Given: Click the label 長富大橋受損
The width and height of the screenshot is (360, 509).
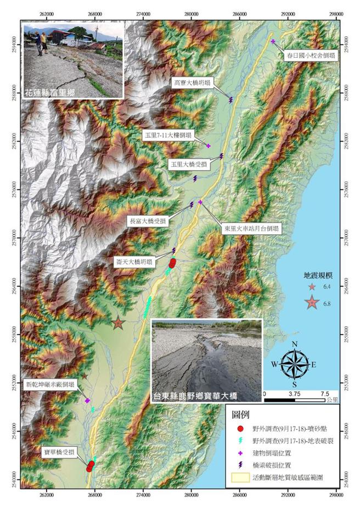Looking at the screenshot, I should pyautogui.click(x=147, y=221).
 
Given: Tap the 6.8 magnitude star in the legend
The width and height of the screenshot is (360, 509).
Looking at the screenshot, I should pyautogui.click(x=312, y=303).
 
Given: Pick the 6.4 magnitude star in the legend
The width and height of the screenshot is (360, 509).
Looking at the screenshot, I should pyautogui.click(x=312, y=287).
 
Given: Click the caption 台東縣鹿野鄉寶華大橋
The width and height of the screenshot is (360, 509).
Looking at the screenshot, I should pyautogui.click(x=206, y=395).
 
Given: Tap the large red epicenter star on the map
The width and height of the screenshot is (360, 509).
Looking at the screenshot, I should pyautogui.click(x=117, y=323).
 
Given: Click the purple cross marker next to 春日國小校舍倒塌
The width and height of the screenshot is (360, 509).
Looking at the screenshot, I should pyautogui.click(x=273, y=41).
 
